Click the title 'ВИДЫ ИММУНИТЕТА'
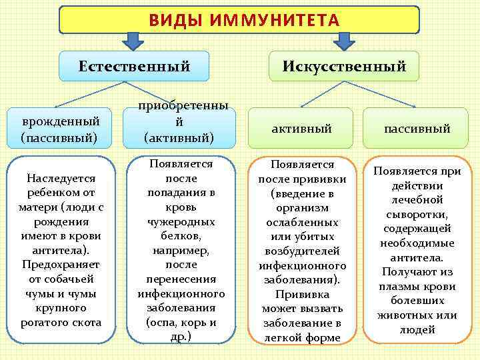(239, 19)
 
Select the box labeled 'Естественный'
(134, 66)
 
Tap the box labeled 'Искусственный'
(344, 66)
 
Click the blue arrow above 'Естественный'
(135, 41)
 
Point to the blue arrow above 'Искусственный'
(344, 41)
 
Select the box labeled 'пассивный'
(417, 129)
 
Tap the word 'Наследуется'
(61, 178)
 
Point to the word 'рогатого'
(50, 323)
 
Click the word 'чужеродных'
(181, 221)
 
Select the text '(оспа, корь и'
(181, 323)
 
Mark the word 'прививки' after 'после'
(320, 178)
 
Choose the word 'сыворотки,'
(417, 214)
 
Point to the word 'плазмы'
(400, 286)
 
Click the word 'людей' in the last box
(417, 329)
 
